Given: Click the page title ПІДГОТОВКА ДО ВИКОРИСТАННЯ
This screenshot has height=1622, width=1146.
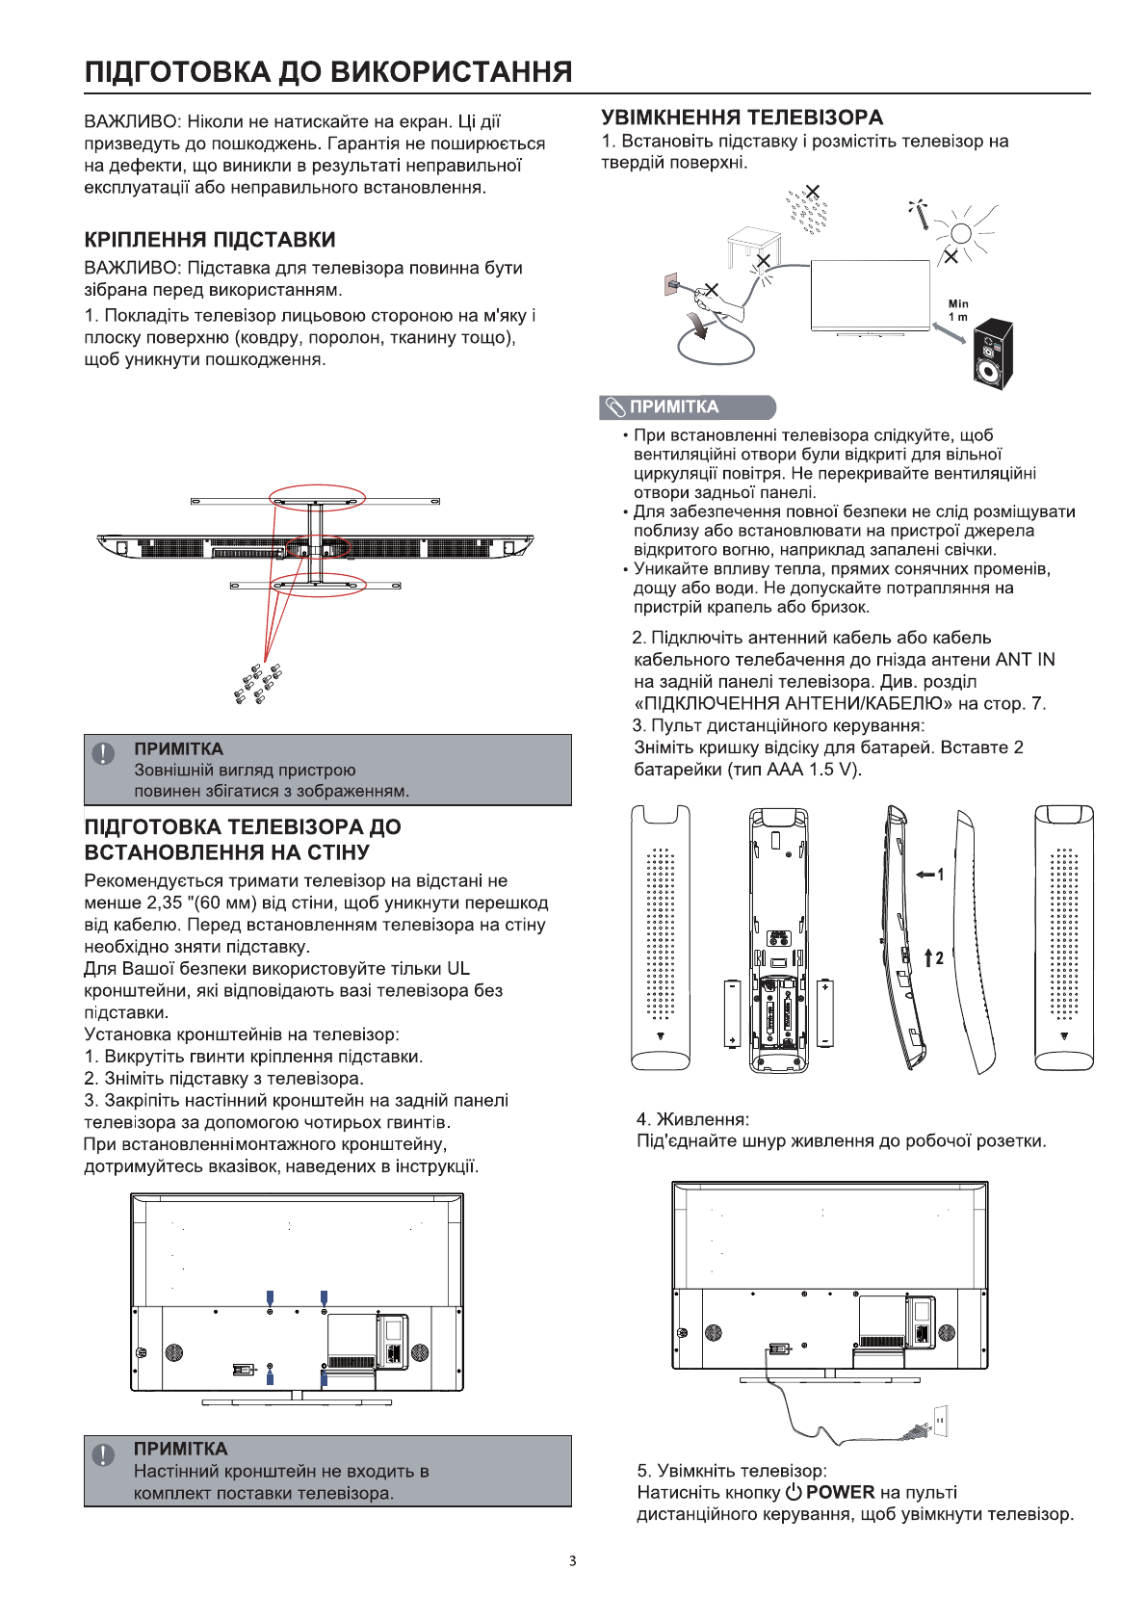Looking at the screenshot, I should point(328,72).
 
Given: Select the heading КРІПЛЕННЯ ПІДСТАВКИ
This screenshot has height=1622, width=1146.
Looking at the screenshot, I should point(210,240).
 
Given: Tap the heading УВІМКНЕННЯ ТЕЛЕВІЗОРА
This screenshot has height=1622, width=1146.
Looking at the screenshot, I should point(742,118).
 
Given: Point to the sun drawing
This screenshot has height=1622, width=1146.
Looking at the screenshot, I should point(960,231).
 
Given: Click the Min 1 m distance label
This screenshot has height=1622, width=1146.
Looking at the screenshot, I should point(958,310).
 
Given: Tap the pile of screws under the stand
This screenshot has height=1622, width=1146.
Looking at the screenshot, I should point(258,683).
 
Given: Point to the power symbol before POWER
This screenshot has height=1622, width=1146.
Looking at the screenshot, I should point(793,1492).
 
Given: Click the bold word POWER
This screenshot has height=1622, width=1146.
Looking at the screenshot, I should point(840,1492).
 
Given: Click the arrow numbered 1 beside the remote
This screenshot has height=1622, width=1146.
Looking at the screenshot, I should point(928,875).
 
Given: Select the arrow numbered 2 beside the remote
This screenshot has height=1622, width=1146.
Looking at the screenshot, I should point(932,957).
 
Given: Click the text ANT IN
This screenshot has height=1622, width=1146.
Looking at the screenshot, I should point(1025,660).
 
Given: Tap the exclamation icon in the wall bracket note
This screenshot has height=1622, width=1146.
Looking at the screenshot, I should point(103,1454).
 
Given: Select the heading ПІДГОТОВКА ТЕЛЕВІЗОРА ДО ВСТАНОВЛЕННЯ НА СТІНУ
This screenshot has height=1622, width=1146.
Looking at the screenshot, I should point(243,839).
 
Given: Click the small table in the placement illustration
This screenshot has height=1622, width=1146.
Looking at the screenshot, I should point(752,247).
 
